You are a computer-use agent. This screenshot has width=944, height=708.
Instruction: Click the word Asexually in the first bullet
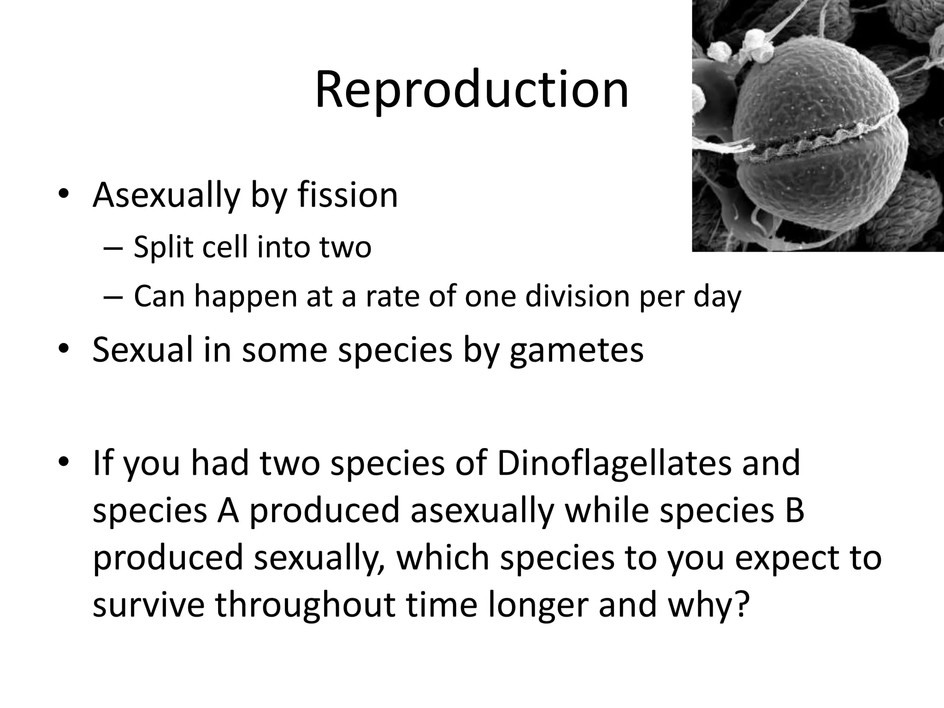click(166, 195)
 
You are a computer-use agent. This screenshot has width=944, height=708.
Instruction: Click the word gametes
click(576, 350)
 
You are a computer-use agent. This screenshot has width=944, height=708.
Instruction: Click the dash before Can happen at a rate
click(113, 296)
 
